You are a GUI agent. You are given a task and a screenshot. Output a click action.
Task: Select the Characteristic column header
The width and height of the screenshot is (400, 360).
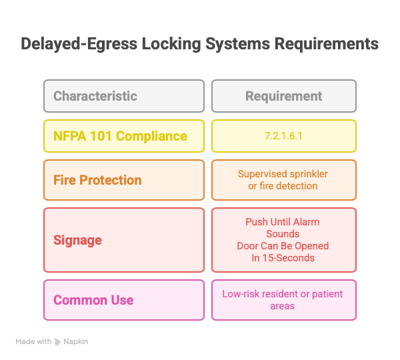(x=95, y=96)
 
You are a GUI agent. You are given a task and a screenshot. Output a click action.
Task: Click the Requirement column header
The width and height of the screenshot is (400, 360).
(x=283, y=96)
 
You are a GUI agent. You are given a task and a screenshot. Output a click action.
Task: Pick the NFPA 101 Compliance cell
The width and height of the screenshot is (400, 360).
(x=120, y=136)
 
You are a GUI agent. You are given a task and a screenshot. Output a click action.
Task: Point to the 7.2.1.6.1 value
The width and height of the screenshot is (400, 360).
(x=283, y=136)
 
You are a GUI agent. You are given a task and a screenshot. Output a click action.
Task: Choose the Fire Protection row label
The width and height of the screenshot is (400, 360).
(x=97, y=180)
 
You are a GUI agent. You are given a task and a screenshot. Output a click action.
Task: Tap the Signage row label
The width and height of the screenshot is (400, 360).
(x=79, y=240)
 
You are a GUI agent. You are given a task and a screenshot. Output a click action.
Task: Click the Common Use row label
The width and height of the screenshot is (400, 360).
(x=93, y=300)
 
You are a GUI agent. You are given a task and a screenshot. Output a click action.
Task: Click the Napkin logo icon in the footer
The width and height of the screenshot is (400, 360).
(x=58, y=341)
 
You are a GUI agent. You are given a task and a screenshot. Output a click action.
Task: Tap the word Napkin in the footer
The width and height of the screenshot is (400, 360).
(x=76, y=341)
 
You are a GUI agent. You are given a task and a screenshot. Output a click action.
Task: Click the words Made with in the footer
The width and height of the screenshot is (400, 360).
(x=33, y=341)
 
